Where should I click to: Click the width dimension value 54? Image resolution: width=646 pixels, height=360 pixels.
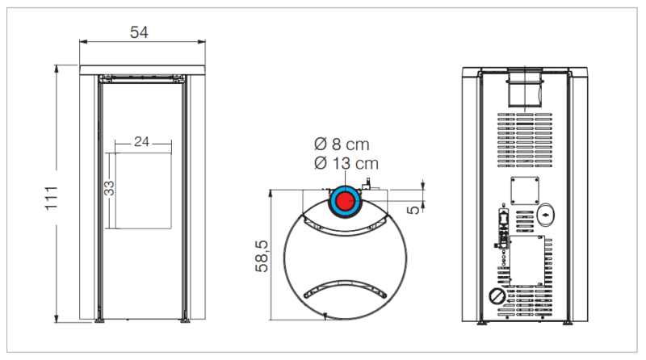(139, 32)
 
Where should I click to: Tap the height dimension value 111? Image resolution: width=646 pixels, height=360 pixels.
(51, 198)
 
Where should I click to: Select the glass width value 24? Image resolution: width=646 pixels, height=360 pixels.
(141, 142)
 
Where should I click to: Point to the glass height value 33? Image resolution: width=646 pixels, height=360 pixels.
(109, 188)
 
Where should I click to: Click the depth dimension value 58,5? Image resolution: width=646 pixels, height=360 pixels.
(262, 256)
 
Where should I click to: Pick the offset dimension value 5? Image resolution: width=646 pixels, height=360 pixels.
(413, 210)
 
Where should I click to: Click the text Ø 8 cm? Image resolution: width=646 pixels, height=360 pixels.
(342, 144)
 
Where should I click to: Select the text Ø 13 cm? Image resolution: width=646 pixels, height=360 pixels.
(346, 164)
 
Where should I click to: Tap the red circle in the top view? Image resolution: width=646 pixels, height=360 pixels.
(346, 202)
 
